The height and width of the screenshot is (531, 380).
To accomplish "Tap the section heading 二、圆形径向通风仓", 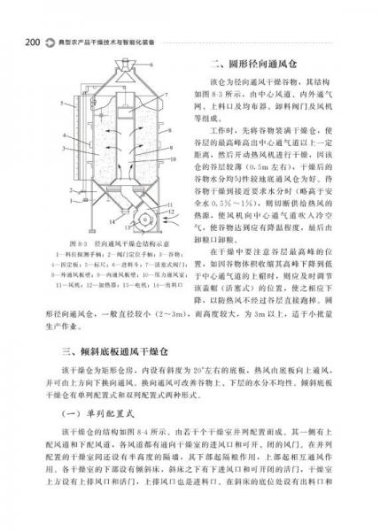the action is click(252, 64).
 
